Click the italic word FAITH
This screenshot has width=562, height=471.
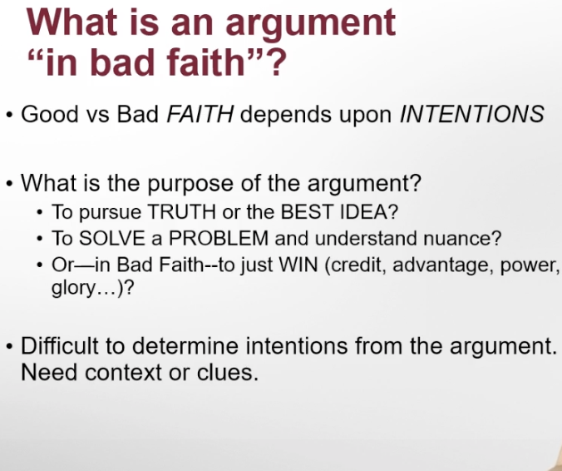[200, 114]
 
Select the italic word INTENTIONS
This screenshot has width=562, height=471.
[471, 114]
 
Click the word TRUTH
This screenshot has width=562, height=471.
[182, 211]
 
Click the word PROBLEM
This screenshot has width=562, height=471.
[219, 238]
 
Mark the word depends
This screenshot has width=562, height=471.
[286, 115]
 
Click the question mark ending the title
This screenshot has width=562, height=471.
[277, 62]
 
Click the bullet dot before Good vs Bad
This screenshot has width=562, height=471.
[10, 116]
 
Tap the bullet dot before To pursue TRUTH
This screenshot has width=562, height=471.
[40, 212]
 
